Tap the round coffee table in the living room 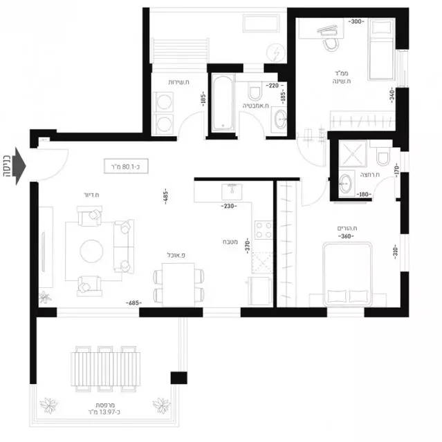pos(93,250)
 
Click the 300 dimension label pos(356,22)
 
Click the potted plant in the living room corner pos(46,297)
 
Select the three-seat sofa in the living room pos(125,247)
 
